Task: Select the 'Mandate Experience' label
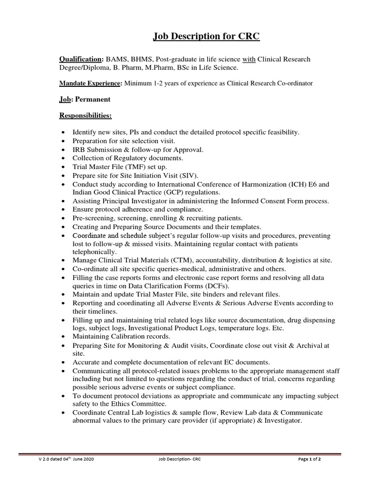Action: pos(90,83)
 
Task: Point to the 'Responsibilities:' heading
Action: pos(85,116)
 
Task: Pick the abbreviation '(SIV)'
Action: pos(187,176)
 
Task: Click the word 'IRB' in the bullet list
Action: pos(79,149)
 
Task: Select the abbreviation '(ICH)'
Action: pos(294,184)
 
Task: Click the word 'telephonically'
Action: pos(94,252)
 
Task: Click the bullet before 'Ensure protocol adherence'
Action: pos(63,210)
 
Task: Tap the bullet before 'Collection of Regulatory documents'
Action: pos(63,158)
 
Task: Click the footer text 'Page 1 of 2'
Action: pos(310,459)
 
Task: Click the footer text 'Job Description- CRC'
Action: pos(179,459)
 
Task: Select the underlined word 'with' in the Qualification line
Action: pos(248,59)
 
